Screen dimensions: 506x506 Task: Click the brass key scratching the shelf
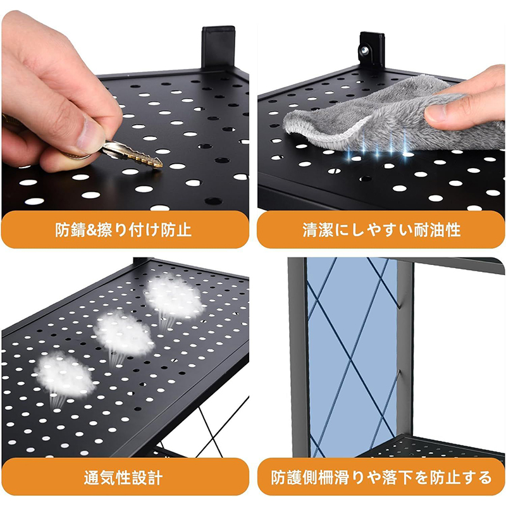tap(132, 154)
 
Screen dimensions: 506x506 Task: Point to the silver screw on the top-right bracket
tap(365, 50)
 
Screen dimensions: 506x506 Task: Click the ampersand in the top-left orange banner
tap(90, 230)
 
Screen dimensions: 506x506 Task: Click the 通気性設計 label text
tap(123, 478)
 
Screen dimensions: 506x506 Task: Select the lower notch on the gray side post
tap(399, 376)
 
